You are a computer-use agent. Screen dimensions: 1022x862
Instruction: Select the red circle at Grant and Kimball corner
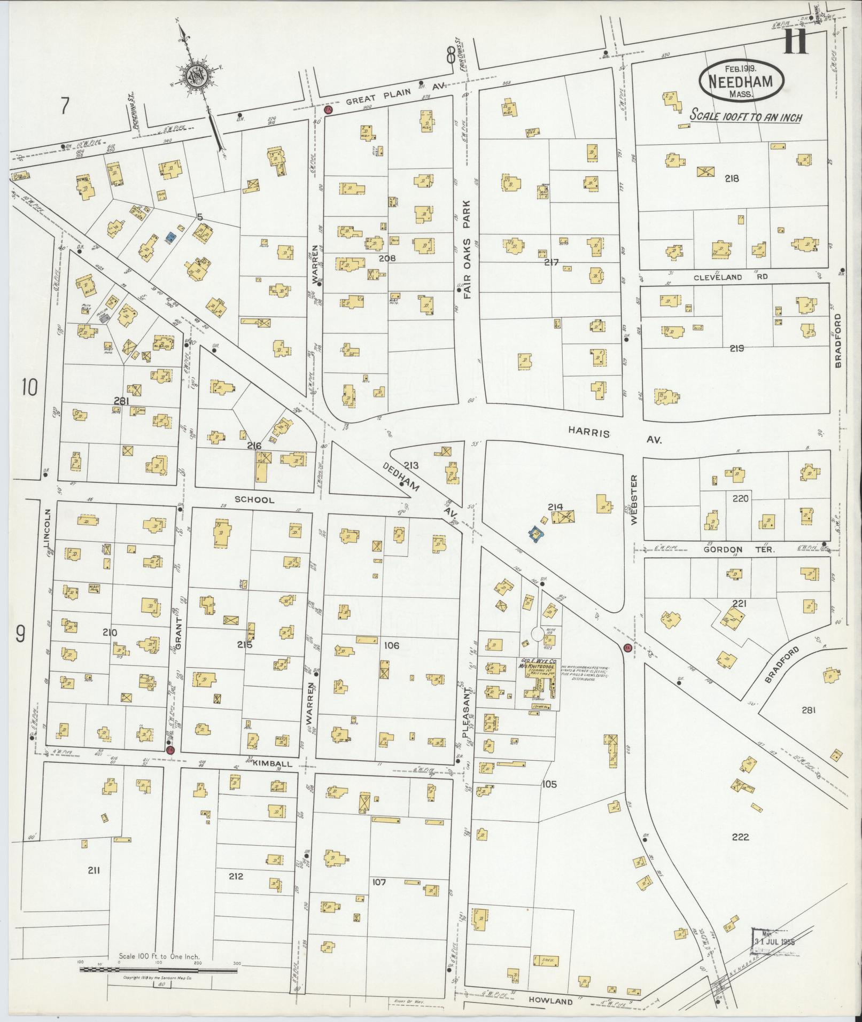[170, 750]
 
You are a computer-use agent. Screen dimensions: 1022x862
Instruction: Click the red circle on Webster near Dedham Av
[627, 648]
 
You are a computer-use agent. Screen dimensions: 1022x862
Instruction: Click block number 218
[731, 179]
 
